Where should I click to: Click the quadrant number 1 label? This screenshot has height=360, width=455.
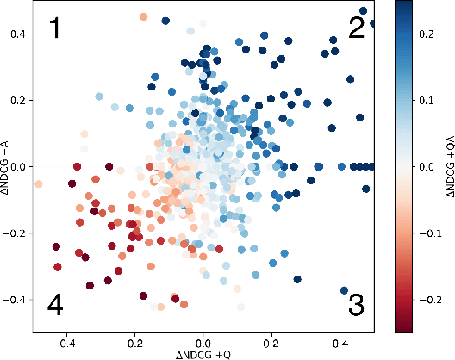point(54,30)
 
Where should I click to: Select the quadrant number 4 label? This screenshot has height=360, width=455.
point(55,305)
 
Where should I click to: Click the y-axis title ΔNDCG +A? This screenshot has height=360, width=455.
point(7,166)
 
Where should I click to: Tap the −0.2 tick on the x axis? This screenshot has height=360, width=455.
point(131,341)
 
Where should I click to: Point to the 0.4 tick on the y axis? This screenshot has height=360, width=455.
point(19,34)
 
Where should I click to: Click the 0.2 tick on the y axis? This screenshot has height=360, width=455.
point(19,100)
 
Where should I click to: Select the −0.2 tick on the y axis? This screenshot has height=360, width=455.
point(16,233)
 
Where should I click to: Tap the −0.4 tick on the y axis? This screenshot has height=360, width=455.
point(16,300)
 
